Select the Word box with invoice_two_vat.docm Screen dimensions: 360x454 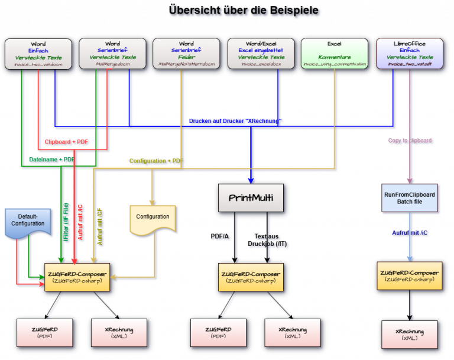click(x=38, y=54)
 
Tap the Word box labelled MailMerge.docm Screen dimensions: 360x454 click(x=112, y=54)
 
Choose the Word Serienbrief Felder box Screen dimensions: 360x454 click(x=186, y=54)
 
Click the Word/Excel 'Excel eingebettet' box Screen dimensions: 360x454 click(x=261, y=54)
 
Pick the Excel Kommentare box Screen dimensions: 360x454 click(x=334, y=54)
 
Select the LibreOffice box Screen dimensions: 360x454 click(x=409, y=54)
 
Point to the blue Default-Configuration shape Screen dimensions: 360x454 click(x=27, y=220)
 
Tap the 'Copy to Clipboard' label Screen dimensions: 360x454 click(x=410, y=141)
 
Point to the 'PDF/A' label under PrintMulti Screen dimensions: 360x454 click(x=221, y=236)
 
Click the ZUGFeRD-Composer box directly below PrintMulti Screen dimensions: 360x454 click(x=251, y=277)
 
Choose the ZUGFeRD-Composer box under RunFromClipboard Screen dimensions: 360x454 click(x=408, y=275)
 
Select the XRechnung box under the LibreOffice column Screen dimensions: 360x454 click(x=410, y=333)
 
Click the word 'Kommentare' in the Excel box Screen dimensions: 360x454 click(x=334, y=57)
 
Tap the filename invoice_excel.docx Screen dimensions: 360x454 click(x=261, y=64)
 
